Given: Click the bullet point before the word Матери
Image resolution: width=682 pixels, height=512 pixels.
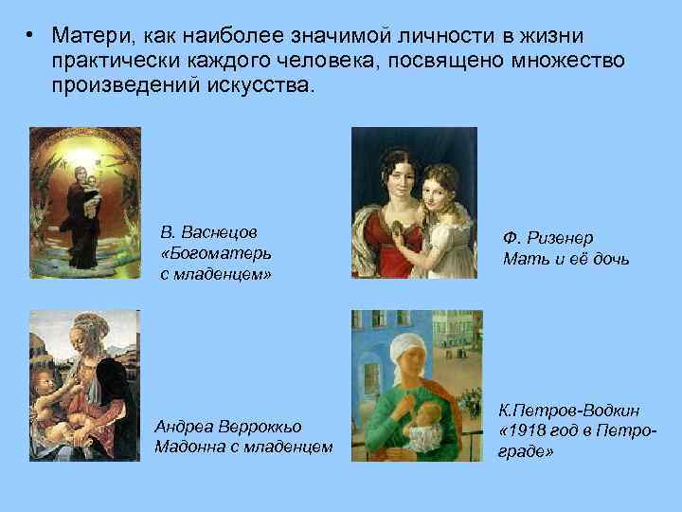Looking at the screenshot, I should coord(31,36).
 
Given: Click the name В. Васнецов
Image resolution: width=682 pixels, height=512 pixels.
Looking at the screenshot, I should coord(210,232).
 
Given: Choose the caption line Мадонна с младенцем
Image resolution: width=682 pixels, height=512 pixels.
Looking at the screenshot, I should coord(243,447).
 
